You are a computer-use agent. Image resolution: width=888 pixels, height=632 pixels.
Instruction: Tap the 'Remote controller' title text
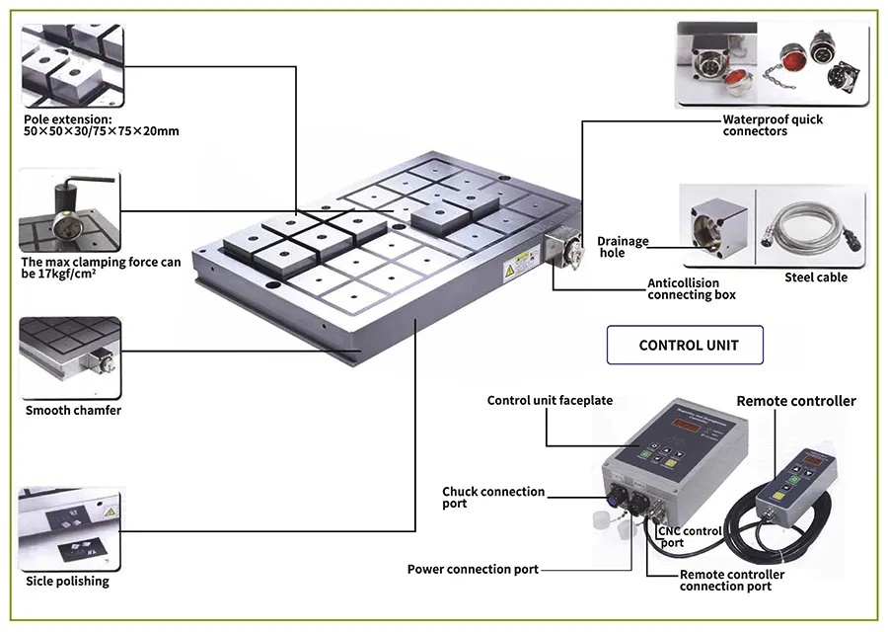(796, 401)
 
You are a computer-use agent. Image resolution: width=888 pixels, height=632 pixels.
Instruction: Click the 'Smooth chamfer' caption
(73, 410)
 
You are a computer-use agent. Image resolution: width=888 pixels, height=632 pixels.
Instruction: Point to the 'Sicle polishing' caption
(67, 581)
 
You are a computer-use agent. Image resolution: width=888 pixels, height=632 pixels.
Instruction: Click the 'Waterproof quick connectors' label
(773, 125)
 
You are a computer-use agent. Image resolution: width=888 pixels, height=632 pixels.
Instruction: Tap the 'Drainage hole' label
(624, 247)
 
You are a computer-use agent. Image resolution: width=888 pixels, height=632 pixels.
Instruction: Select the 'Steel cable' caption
(816, 277)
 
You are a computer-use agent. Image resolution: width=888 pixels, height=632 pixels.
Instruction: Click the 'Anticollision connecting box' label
(692, 289)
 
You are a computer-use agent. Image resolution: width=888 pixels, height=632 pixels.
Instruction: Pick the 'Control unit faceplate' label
(550, 400)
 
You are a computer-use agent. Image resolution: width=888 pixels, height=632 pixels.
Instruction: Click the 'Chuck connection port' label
(493, 498)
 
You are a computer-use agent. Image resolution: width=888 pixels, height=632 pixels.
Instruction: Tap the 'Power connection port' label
(473, 569)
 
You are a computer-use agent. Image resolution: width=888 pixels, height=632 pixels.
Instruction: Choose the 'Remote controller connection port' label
(732, 581)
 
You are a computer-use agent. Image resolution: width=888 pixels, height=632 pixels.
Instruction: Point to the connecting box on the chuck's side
(559, 252)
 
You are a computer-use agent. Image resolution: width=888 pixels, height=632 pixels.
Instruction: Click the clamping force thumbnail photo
(69, 209)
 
